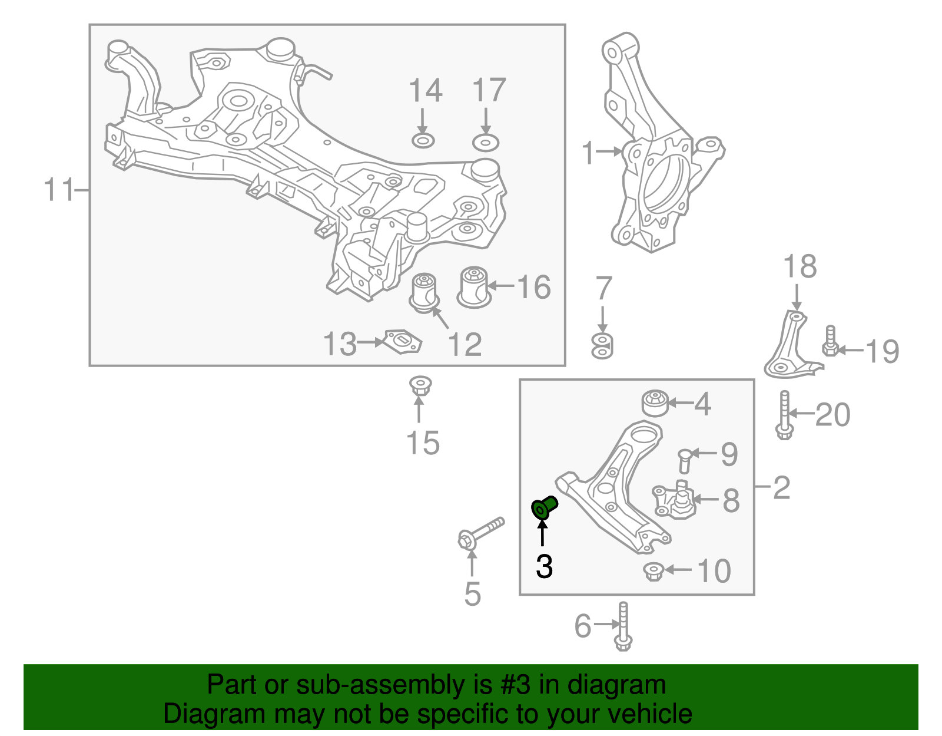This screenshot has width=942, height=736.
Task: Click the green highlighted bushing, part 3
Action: [544, 507]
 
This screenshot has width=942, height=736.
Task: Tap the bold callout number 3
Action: [544, 566]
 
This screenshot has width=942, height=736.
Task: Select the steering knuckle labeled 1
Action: [664, 143]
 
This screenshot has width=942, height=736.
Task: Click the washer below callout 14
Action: [423, 141]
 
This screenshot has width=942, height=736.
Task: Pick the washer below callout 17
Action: [486, 143]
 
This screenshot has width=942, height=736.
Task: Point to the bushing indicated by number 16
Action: [474, 287]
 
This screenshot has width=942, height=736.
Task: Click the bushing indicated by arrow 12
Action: [424, 293]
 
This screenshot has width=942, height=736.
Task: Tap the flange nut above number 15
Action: [420, 385]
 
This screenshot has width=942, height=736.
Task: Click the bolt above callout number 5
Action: [481, 533]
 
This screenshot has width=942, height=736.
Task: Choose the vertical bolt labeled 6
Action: [623, 627]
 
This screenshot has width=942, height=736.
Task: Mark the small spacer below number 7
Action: [602, 346]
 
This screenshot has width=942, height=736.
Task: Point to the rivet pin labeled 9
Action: [685, 461]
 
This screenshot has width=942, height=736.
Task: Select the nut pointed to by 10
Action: [654, 571]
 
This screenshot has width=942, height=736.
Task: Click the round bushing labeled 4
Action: [655, 403]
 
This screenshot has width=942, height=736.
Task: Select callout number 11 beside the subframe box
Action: [60, 190]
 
